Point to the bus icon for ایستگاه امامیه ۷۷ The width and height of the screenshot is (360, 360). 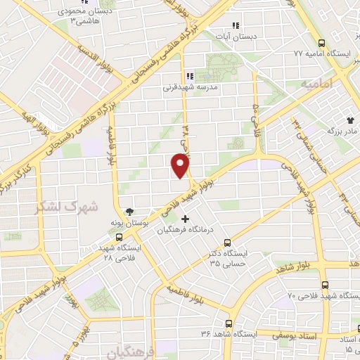point(321,42)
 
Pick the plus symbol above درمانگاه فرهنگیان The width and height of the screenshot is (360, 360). point(185,219)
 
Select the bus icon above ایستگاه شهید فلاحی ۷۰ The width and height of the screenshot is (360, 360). point(324,285)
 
